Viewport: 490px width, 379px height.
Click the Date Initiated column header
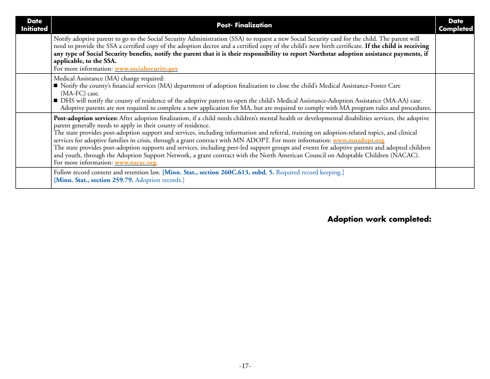pos(34,25)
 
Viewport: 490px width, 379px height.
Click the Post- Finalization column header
pos(243,25)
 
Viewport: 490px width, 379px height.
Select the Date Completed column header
pos(455,25)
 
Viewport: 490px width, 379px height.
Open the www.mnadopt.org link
pos(358,140)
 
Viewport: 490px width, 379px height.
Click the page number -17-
pos(245,366)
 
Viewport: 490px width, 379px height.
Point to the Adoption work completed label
pos(379,219)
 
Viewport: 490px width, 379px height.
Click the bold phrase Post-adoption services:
pos(86,118)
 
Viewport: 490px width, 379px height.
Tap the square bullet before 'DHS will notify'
pos(56,101)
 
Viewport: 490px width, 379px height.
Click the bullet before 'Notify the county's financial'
pos(56,86)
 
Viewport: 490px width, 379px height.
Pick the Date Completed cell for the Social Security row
pos(455,54)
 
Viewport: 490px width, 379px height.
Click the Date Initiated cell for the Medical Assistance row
pos(34,93)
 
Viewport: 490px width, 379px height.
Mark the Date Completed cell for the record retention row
pos(455,177)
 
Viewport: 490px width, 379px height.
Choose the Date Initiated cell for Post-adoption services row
pos(34,140)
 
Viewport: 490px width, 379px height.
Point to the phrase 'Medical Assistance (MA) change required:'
pos(109,78)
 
